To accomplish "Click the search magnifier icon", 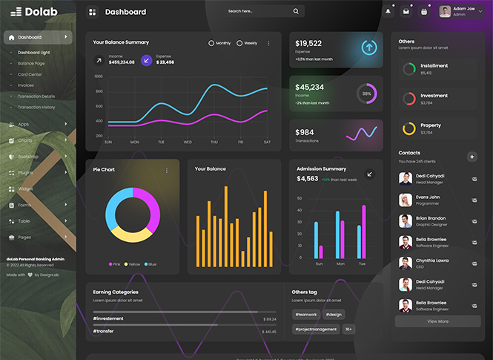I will coord(296,12).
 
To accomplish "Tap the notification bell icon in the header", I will coord(388,12).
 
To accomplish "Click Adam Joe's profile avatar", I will coord(445,12).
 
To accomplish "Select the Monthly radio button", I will coord(211,43).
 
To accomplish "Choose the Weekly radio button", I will coord(239,43).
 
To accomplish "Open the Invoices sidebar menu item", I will coord(26,85).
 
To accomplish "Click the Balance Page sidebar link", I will coord(31,63).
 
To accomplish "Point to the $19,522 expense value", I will coord(308,43).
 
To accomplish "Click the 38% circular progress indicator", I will coord(366,94).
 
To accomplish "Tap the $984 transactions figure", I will coord(305,132).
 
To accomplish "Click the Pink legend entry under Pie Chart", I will coord(116,264).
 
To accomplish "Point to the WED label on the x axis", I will coord(188,142).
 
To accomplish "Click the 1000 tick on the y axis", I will coord(99,76).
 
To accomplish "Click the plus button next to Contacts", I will coord(472,157).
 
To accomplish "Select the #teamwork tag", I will coord(306,315).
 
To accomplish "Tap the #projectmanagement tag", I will coord(316,329).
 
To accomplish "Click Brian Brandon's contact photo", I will coord(406,221).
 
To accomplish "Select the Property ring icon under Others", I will coord(408,128).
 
